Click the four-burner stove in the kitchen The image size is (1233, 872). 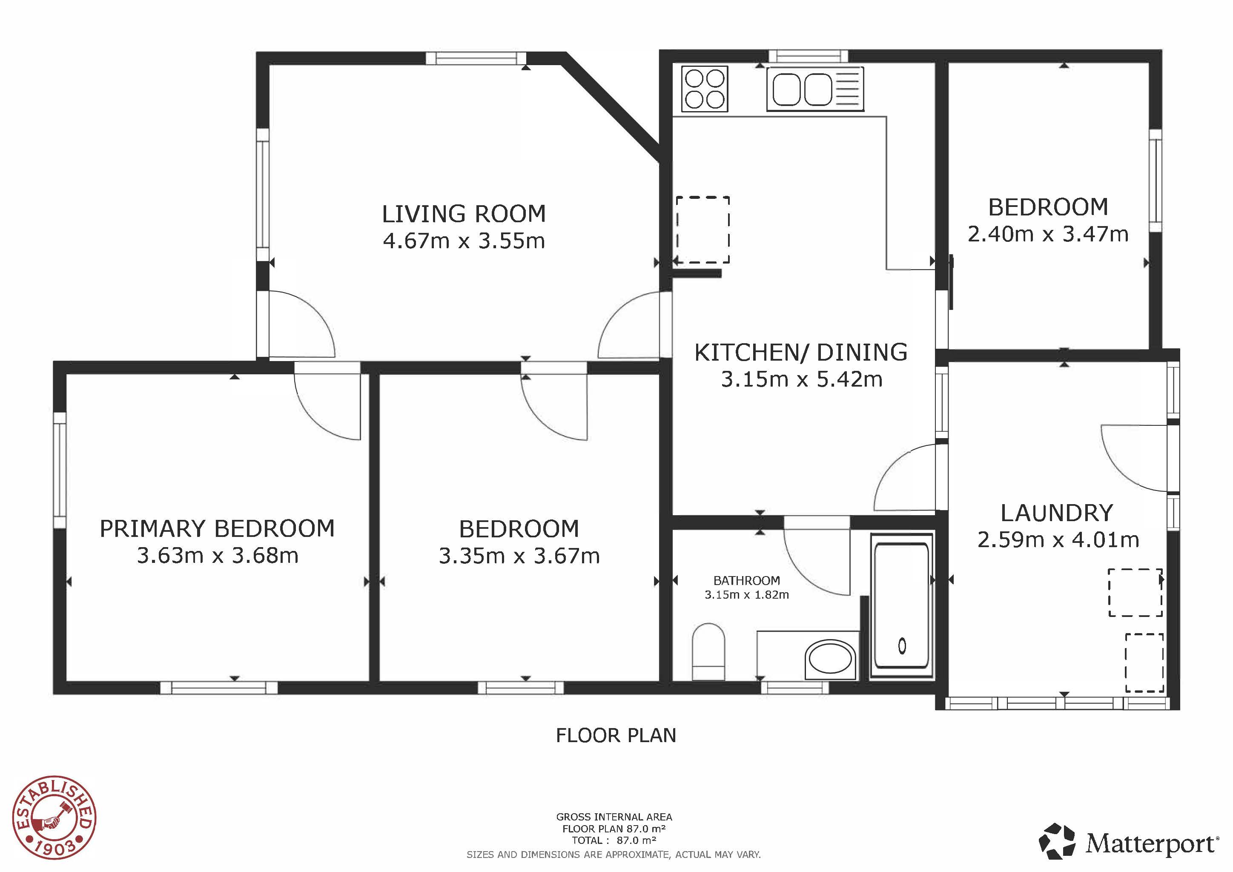point(705,89)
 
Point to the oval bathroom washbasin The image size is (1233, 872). point(830,657)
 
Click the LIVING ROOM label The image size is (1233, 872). point(464,214)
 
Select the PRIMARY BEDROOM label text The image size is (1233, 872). point(217,529)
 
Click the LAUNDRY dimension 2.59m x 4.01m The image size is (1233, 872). point(1058,539)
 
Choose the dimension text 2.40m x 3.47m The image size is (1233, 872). point(1048,234)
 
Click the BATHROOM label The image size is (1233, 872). point(746,580)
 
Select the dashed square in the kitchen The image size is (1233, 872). point(703,230)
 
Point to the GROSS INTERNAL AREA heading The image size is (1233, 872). point(614,817)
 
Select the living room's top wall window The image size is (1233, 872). point(476,58)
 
